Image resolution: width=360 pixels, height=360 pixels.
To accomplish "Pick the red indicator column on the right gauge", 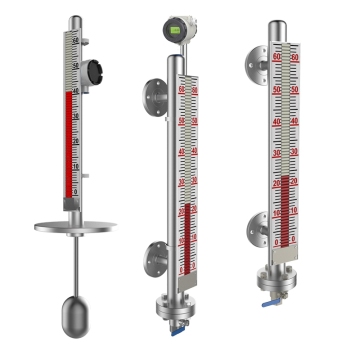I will pos(285,210).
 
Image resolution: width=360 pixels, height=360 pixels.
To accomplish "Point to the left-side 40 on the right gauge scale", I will pos(276,120).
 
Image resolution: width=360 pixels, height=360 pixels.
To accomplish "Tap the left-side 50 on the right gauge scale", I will pos(276,89).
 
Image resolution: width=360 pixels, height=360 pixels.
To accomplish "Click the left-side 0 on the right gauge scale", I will pos(277,242).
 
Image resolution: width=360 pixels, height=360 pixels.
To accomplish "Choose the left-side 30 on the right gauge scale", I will pos(276,151).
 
